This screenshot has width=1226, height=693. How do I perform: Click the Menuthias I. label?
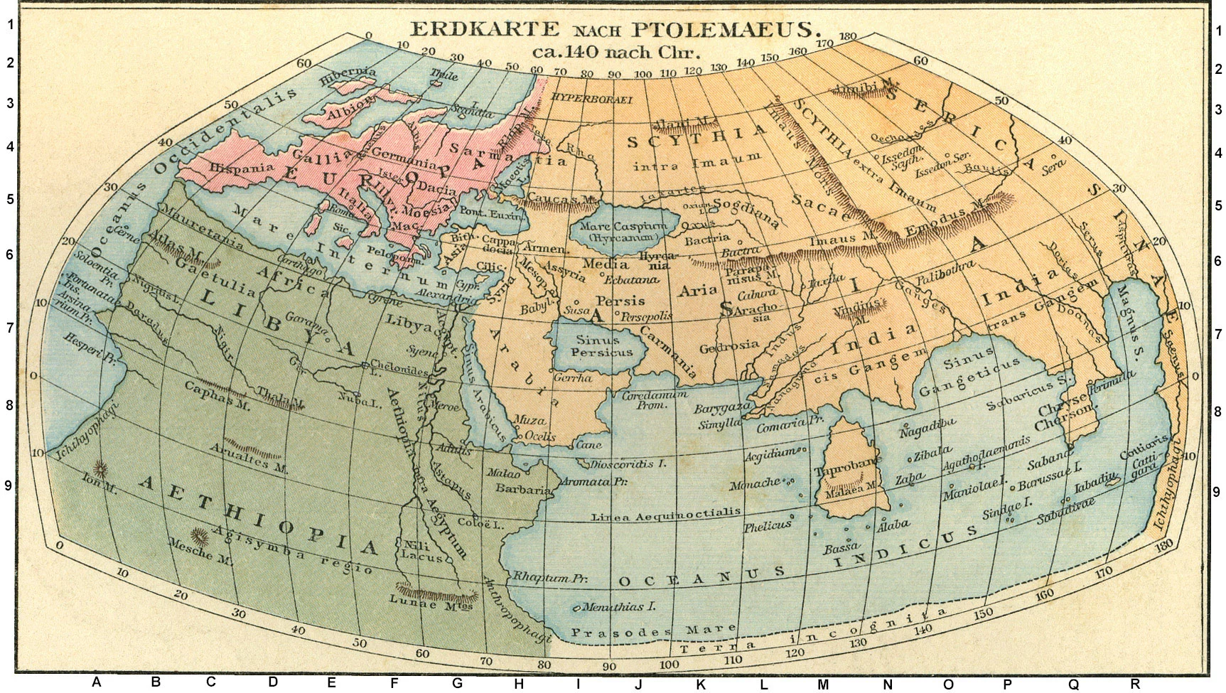(x=617, y=608)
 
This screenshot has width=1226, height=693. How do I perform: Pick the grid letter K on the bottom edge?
(x=701, y=684)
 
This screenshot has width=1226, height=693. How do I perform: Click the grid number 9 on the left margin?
(x=9, y=485)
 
